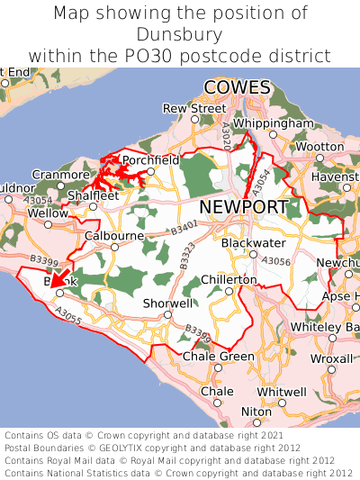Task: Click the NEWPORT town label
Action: coord(244,207)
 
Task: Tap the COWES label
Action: coord(238,87)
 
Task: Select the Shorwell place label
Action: coord(167,303)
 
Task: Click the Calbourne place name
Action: coord(114,236)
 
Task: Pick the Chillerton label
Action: coord(229,280)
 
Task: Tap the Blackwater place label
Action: coord(254,243)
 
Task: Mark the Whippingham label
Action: coord(273,123)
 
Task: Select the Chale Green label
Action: coord(219,357)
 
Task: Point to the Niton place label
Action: coord(256,411)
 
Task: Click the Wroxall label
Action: coord(332,358)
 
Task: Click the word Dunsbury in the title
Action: coord(180,35)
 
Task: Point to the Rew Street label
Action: coord(194,108)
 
